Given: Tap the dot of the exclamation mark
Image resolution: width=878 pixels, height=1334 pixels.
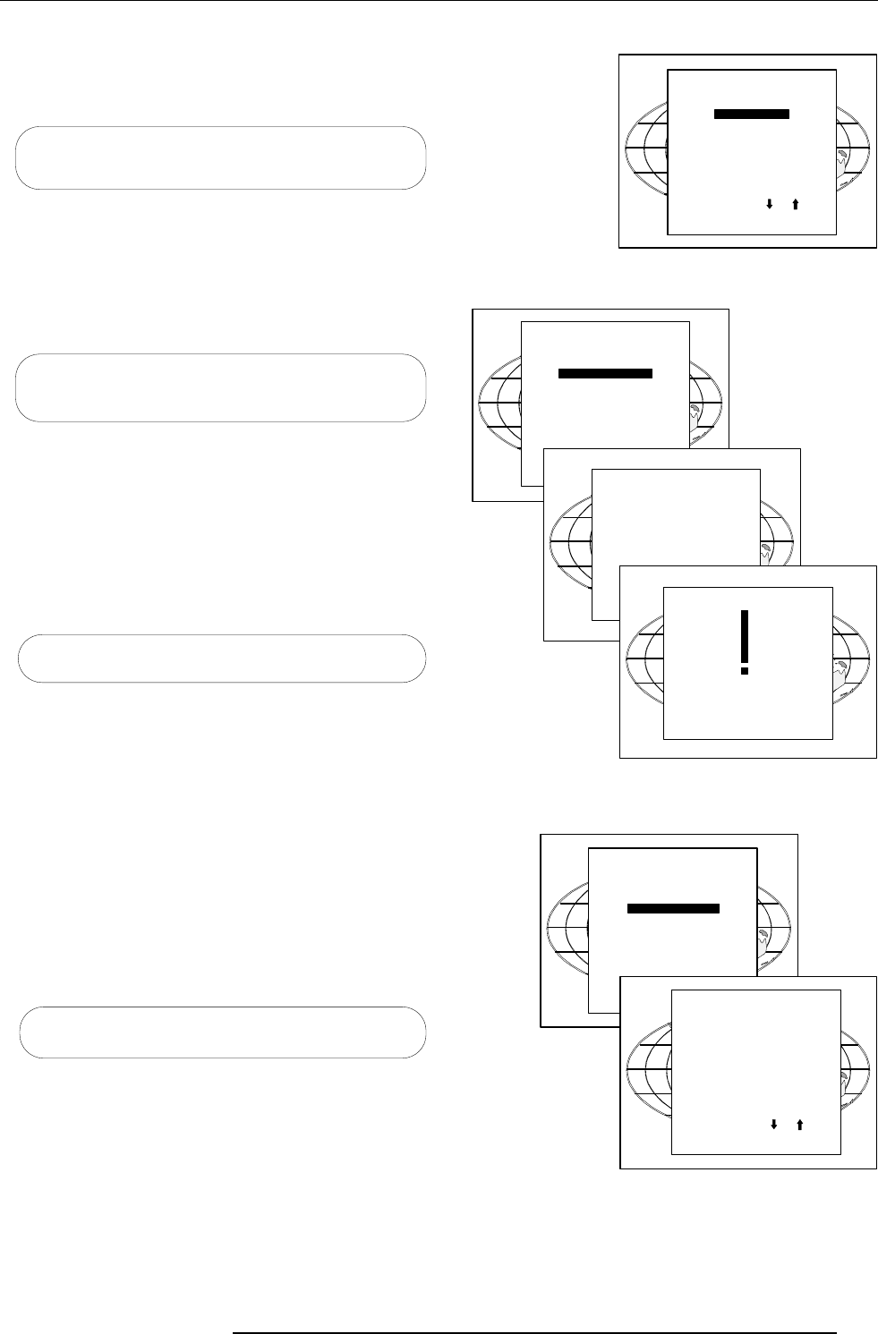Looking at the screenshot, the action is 744,668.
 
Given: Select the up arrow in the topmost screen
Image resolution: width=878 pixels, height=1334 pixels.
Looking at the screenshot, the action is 794,204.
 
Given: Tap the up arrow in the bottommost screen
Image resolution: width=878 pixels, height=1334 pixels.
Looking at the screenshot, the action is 799,1124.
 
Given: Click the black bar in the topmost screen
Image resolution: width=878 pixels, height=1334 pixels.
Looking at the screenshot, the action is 751,114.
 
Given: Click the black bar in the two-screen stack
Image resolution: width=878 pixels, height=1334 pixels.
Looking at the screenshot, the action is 673,909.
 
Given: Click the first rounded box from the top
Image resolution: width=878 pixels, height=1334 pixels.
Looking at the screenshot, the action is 220,157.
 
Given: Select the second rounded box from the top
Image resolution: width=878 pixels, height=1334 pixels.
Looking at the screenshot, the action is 220,387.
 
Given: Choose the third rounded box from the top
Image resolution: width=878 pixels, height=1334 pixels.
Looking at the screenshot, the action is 220,659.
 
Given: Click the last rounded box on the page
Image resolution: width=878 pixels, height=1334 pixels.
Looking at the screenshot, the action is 220,1032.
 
